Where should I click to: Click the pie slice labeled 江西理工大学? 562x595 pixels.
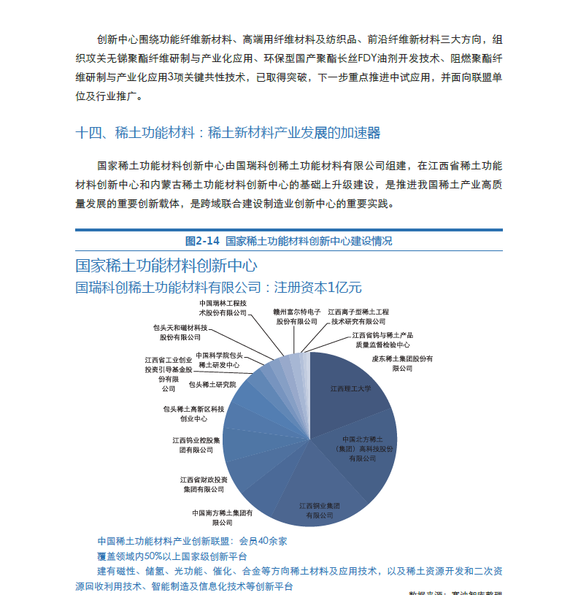tap(351, 388)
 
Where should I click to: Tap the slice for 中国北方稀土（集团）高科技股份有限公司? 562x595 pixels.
tap(362, 448)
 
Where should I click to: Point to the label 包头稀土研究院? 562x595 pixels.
tap(212, 384)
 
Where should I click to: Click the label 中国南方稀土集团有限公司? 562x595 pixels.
tap(223, 517)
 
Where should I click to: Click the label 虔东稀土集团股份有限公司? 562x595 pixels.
tap(403, 363)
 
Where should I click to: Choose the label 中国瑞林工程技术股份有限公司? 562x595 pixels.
tap(223, 307)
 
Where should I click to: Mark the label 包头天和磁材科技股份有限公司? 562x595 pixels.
tap(180, 332)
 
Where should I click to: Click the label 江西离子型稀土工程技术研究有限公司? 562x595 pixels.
tap(358, 315)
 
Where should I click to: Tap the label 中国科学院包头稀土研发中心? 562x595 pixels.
tap(220, 359)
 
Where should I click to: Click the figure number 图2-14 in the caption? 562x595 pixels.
tap(202, 240)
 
